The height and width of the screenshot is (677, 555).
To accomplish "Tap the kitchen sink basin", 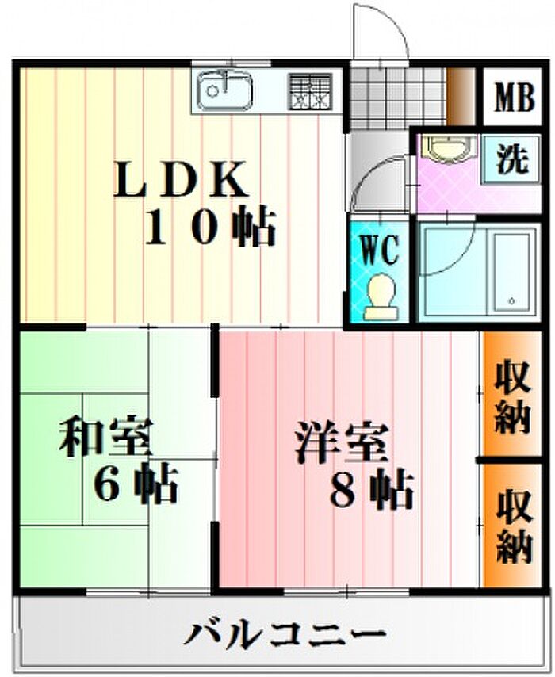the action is tap(224, 90).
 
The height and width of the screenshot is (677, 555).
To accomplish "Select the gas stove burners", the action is tap(311, 91).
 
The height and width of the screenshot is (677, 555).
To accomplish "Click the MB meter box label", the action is tap(515, 98).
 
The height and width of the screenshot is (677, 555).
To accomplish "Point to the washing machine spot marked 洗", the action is tap(511, 159).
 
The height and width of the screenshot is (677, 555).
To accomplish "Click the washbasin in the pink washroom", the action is tap(450, 149).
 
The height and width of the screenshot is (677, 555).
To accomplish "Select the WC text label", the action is tap(379, 251).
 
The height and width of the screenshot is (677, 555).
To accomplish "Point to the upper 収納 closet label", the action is tap(513, 397).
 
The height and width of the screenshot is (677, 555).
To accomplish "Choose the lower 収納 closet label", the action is tap(513, 525).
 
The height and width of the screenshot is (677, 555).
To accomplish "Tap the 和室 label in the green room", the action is tap(105, 437).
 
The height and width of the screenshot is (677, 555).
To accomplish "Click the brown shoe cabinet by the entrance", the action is tap(461, 98).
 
